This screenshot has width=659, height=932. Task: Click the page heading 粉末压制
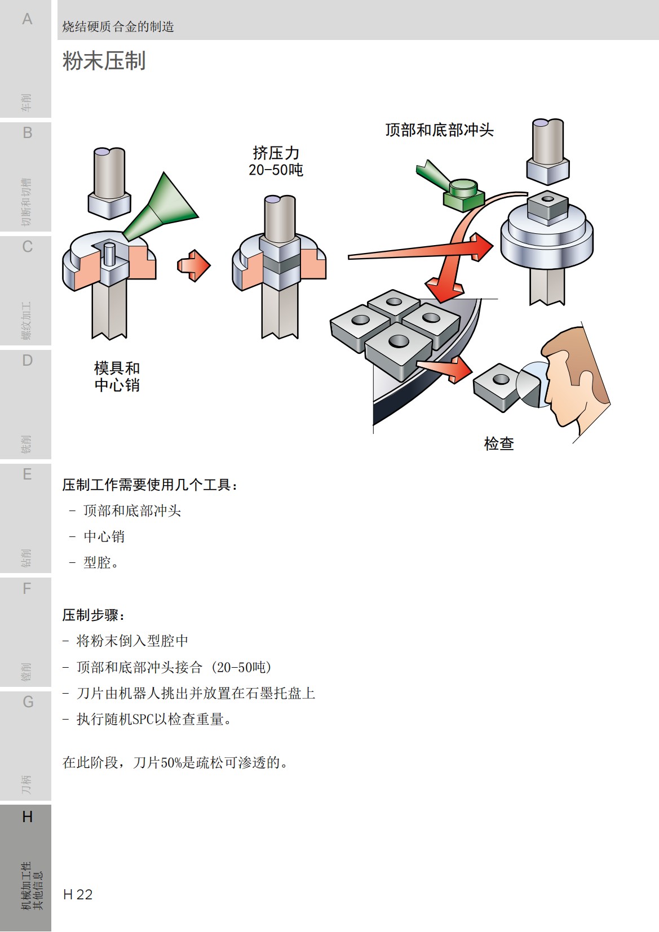click(x=104, y=61)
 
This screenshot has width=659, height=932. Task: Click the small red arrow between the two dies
click(x=193, y=265)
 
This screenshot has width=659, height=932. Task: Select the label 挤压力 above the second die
click(x=276, y=153)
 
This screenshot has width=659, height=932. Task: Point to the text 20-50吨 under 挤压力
click(x=276, y=170)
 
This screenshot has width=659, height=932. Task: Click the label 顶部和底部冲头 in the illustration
click(x=439, y=130)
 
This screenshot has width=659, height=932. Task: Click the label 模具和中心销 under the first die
click(x=117, y=376)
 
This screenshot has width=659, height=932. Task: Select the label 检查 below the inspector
click(x=499, y=443)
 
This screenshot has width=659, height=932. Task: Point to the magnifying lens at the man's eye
click(x=533, y=385)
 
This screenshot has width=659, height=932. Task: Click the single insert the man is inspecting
click(x=497, y=387)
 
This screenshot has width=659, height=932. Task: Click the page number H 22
click(x=78, y=894)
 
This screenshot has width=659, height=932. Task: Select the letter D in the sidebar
click(x=27, y=361)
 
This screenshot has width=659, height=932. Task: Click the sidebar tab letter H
click(x=27, y=816)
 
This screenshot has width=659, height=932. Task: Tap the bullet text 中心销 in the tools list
click(x=104, y=536)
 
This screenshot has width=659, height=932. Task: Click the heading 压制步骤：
click(x=94, y=615)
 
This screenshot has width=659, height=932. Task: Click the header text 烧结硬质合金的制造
click(x=118, y=26)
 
